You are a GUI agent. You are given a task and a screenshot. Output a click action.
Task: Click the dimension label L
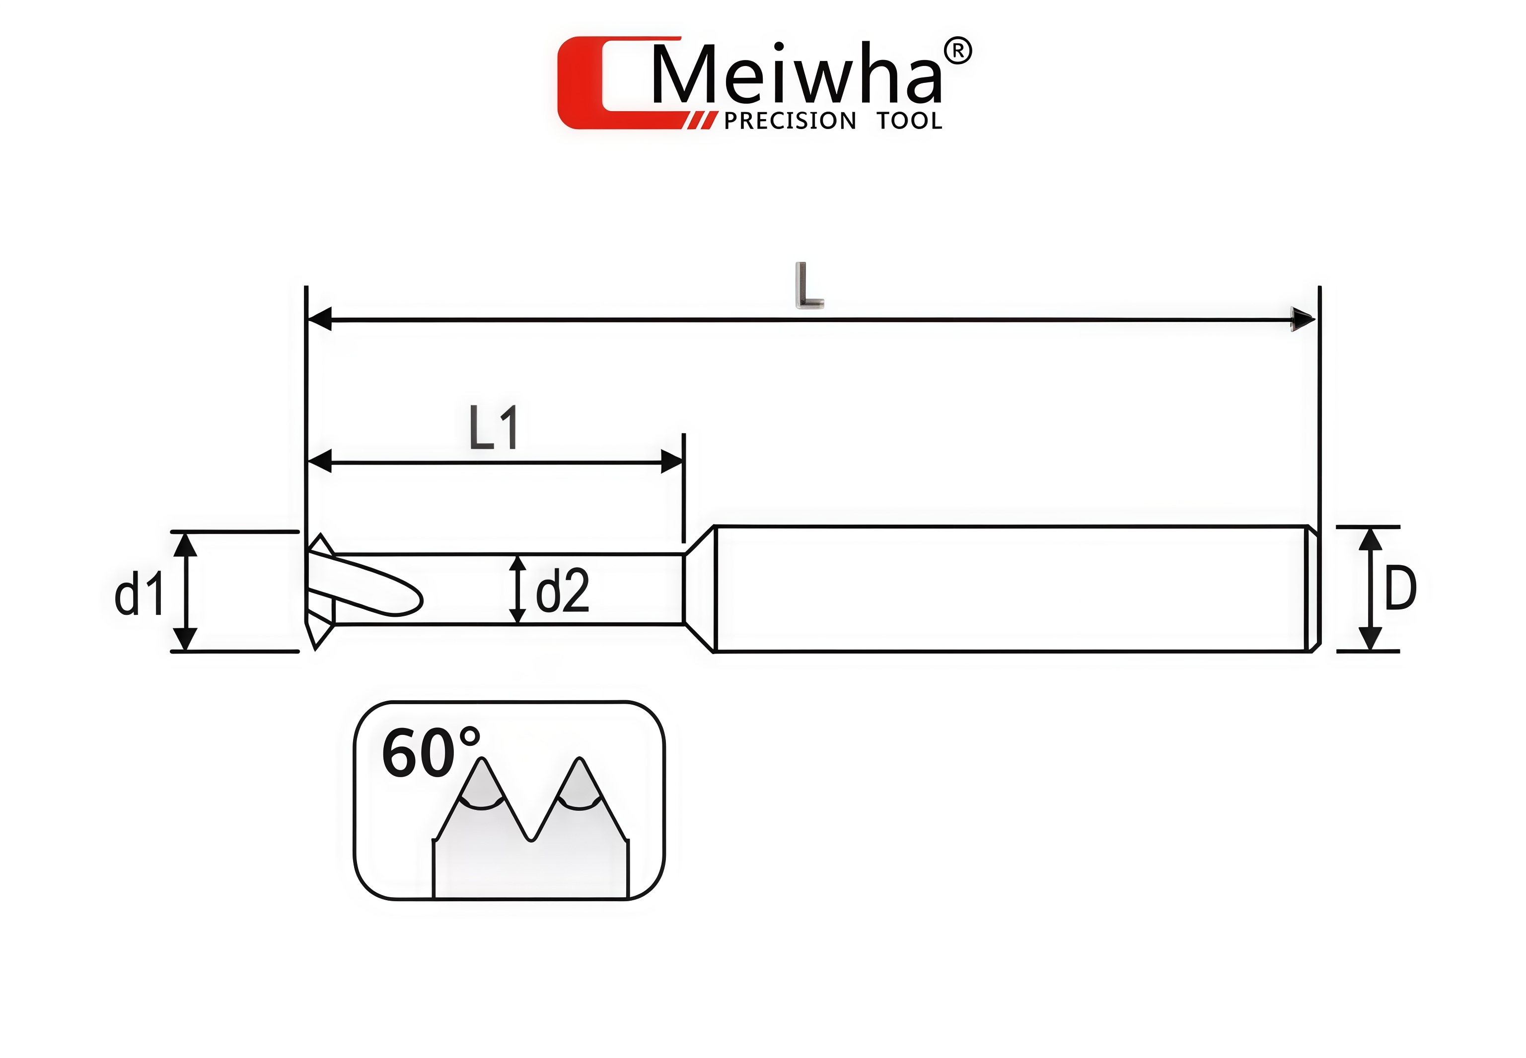click(x=808, y=286)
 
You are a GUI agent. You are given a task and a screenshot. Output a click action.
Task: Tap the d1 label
click(x=139, y=594)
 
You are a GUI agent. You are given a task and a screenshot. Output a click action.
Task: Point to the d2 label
click(x=562, y=591)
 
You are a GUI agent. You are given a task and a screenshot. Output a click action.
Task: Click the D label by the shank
click(x=1400, y=589)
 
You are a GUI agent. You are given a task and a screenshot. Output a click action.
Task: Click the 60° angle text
click(x=429, y=753)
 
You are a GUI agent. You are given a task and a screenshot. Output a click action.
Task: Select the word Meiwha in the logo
click(x=796, y=75)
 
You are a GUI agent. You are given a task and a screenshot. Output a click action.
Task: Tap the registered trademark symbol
click(x=957, y=51)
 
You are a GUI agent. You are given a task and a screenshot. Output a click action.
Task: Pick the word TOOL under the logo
click(x=909, y=121)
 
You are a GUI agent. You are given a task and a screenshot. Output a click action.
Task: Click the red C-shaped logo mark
click(x=597, y=83)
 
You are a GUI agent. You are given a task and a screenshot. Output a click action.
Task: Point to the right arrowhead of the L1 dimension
click(x=672, y=462)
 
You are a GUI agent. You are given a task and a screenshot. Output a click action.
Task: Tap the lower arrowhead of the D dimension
click(x=1370, y=638)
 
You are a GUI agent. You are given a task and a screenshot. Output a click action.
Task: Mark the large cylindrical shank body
click(x=1008, y=589)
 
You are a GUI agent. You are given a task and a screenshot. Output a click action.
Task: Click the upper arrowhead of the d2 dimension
click(x=518, y=563)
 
